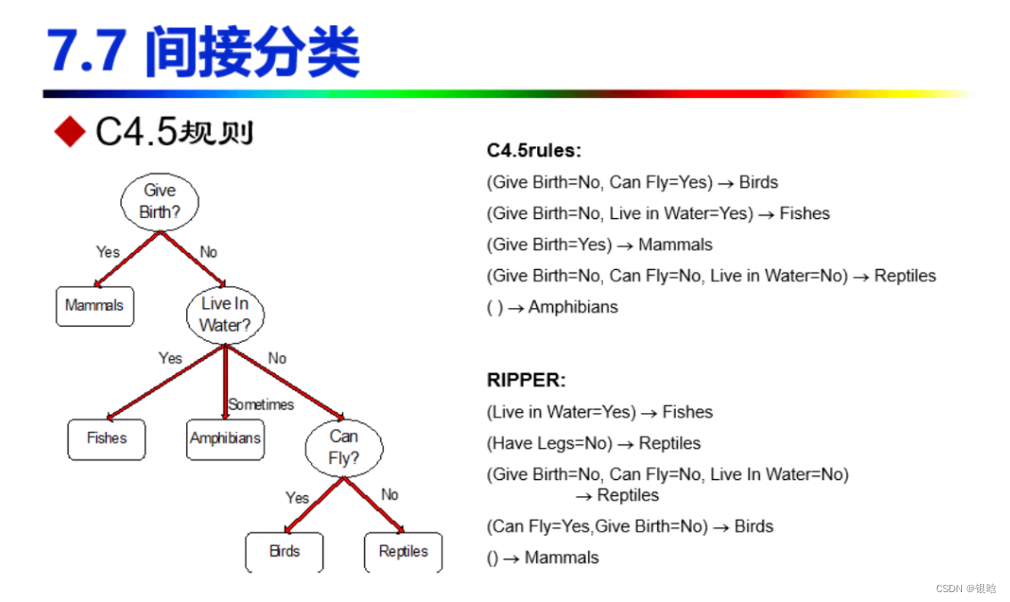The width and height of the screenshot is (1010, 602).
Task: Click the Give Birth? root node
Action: pyautogui.click(x=159, y=201)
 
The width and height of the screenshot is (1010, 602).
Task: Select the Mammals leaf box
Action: pyautogui.click(x=94, y=305)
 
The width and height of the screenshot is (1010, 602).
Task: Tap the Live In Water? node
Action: pyautogui.click(x=225, y=314)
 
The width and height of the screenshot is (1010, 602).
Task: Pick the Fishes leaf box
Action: pyautogui.click(x=107, y=438)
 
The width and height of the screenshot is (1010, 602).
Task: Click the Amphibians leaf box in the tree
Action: pyautogui.click(x=225, y=438)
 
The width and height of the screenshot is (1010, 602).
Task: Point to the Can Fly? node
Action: pyautogui.click(x=344, y=447)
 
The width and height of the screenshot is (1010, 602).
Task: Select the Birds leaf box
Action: pyautogui.click(x=284, y=551)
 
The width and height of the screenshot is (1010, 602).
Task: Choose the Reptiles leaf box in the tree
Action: pyautogui.click(x=403, y=551)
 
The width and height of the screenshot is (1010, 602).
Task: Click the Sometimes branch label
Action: pyautogui.click(x=261, y=404)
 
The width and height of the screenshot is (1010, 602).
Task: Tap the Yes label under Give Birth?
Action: pyautogui.click(x=108, y=252)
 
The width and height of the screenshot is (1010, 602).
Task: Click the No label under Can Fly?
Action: pyautogui.click(x=390, y=494)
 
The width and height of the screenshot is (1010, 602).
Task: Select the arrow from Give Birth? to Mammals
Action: pyautogui.click(x=127, y=259)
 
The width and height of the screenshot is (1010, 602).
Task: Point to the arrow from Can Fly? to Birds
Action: pyautogui.click(x=313, y=506)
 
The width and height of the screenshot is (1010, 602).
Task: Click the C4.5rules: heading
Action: pyautogui.click(x=534, y=150)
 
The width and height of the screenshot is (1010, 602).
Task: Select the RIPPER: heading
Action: pyautogui.click(x=526, y=380)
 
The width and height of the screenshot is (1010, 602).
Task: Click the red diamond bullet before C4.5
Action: pyautogui.click(x=69, y=132)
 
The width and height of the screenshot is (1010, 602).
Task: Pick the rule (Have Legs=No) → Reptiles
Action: pyautogui.click(x=593, y=443)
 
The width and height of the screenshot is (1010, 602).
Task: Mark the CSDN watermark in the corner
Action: pyautogui.click(x=965, y=589)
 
